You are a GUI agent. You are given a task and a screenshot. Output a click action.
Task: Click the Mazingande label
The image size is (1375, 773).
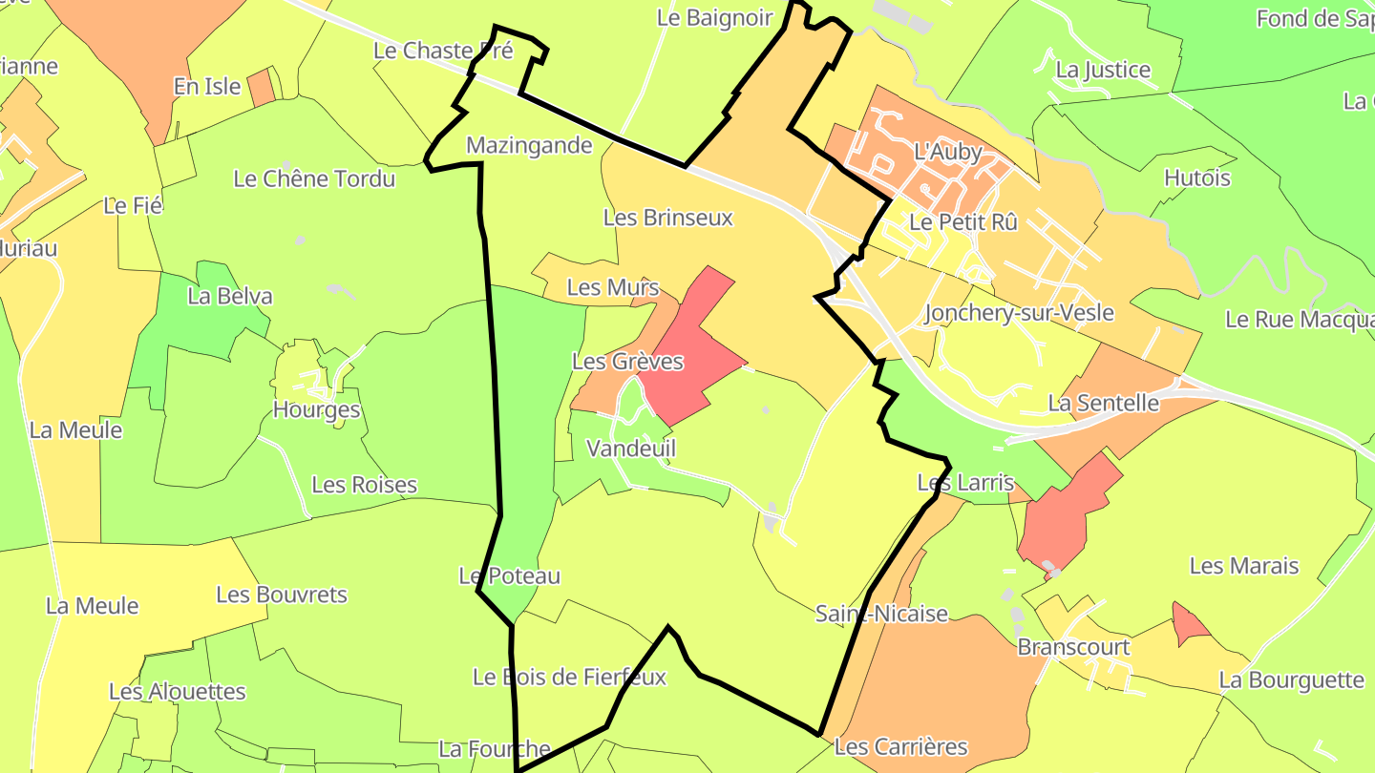tap(529, 146)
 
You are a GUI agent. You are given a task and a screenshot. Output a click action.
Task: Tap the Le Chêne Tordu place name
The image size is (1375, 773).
tap(314, 178)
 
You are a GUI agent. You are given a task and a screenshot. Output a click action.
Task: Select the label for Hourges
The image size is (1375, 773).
tap(316, 410)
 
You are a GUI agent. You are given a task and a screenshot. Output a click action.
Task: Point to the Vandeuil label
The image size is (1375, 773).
tap(631, 449)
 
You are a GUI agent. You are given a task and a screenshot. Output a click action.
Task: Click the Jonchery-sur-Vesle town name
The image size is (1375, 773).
tap(1019, 313)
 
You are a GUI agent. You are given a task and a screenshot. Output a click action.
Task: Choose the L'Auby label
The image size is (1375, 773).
tap(948, 151)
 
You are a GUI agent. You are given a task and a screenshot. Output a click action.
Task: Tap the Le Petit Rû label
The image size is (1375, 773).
tap(963, 222)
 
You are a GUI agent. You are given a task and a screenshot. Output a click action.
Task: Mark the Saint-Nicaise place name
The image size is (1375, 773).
tap(881, 614)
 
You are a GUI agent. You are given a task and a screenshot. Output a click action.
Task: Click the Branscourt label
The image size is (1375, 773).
tap(1073, 647)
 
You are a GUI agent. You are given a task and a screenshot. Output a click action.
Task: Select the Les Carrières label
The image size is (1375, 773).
tap(900, 746)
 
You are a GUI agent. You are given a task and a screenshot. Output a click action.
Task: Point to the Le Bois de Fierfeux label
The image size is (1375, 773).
tap(569, 678)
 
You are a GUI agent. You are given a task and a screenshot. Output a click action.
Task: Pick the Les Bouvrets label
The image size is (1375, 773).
tap(282, 595)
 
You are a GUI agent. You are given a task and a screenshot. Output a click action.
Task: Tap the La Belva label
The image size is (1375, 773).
tap(230, 296)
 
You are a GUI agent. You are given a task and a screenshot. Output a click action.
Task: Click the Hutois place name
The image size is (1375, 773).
tap(1197, 178)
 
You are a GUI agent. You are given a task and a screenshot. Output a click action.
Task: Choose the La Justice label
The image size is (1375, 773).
tap(1103, 70)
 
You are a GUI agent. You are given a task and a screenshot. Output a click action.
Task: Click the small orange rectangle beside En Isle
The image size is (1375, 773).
tap(262, 88)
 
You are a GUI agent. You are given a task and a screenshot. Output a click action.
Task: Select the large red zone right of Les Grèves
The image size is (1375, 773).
tap(694, 348)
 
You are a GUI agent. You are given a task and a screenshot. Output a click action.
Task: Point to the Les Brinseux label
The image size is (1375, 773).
tap(668, 218)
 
